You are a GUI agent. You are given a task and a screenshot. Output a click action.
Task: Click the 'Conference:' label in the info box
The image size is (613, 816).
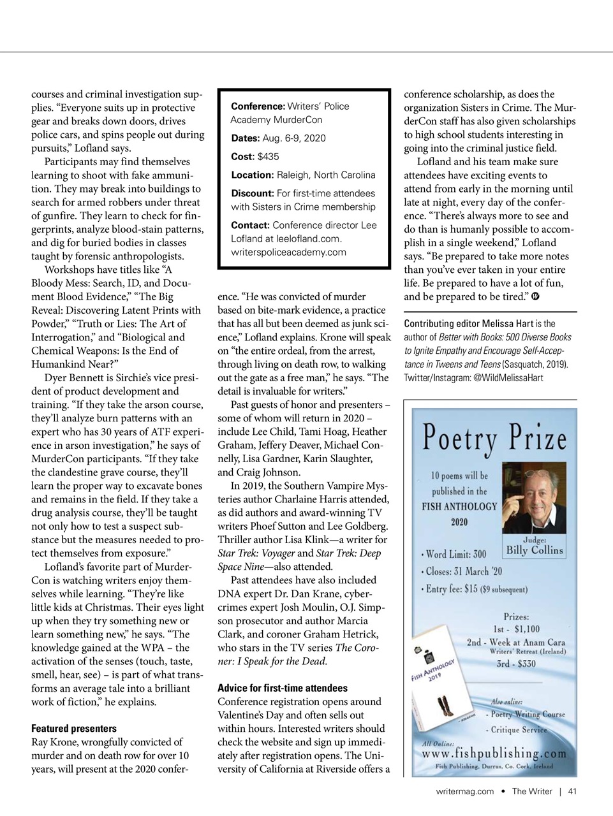(x=258, y=106)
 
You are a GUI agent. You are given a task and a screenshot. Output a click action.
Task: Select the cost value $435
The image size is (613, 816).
(x=269, y=157)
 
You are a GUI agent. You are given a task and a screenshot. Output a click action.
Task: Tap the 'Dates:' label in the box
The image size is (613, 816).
(x=245, y=138)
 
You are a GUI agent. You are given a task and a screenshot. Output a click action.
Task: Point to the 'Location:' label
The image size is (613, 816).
(x=252, y=175)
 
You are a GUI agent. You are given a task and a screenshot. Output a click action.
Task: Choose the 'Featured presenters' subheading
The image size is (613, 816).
(x=74, y=729)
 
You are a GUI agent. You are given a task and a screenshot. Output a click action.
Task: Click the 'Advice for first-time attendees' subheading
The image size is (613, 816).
(x=283, y=688)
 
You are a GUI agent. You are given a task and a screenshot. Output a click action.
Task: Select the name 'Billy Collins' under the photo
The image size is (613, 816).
(x=535, y=550)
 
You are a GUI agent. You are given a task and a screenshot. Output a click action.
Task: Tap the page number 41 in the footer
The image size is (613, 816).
(x=572, y=792)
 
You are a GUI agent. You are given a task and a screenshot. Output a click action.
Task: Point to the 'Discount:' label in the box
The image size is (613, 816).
(x=252, y=194)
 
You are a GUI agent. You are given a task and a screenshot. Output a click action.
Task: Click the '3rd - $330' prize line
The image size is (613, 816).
(x=516, y=664)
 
